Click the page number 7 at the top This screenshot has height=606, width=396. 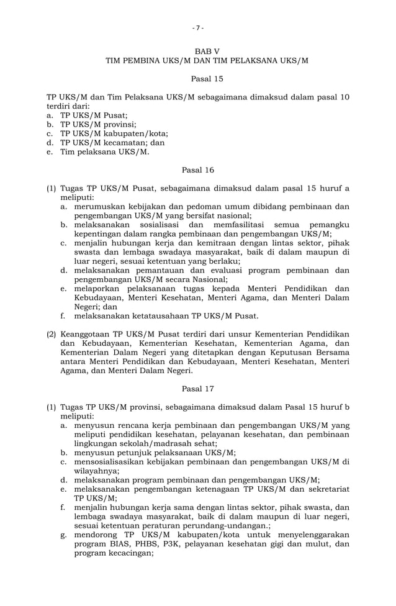pyautogui.click(x=198, y=27)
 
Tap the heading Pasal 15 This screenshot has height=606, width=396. pyautogui.click(x=207, y=79)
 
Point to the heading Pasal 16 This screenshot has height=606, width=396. pyautogui.click(x=198, y=170)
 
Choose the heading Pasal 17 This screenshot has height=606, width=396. pyautogui.click(x=198, y=389)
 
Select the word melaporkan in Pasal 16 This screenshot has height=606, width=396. pyautogui.click(x=98, y=288)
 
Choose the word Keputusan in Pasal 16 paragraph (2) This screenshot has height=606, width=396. pyautogui.click(x=286, y=352)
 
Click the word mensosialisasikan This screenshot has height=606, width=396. pyautogui.click(x=113, y=461)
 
